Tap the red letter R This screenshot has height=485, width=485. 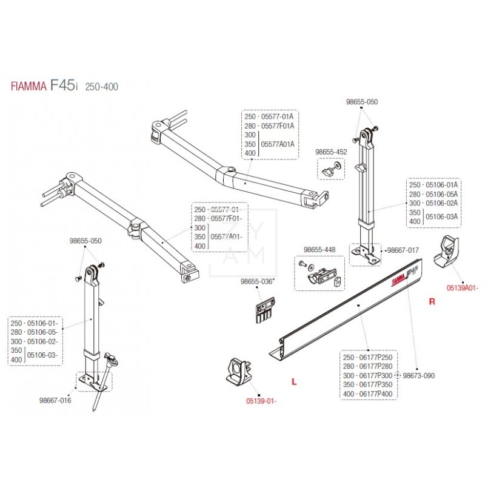tap(432, 301)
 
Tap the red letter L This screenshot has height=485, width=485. tap(293, 382)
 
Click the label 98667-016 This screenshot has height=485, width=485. tap(55, 400)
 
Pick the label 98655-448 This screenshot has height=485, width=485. tap(319, 249)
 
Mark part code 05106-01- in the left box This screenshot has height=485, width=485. tap(44, 324)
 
